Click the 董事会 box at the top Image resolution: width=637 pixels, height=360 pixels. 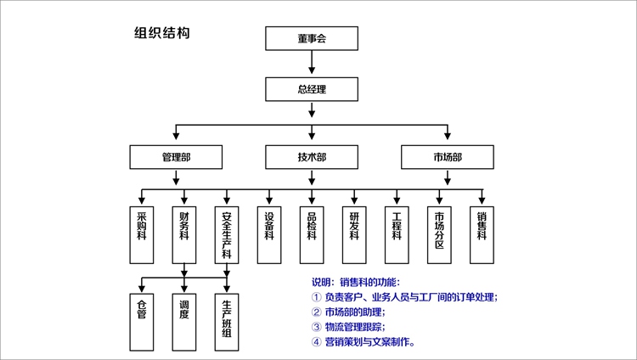pos(312,39)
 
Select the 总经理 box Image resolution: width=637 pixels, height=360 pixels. pos(312,88)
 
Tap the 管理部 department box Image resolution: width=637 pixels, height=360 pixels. pos(176,157)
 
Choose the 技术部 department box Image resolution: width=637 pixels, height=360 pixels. pos(312,157)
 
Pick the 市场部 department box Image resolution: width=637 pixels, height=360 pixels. pos(448,157)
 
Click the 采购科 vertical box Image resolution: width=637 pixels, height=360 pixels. pos(142,235)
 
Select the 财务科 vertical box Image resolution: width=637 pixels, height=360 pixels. pos(184,235)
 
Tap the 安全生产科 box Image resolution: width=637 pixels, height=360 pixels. pos(227,235)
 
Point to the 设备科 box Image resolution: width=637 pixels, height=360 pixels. pos(269,235)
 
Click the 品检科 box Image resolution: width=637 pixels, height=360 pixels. pos(312,235)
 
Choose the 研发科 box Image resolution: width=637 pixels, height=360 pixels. pos(354,235)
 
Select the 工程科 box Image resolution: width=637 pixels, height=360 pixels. pos(397,235)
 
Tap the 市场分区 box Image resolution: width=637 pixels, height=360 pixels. pos(439,235)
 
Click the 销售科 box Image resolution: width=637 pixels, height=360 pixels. pos(482,235)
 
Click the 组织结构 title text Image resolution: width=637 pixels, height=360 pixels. pos(162,33)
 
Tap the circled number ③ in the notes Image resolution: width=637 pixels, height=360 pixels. pos(317,327)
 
